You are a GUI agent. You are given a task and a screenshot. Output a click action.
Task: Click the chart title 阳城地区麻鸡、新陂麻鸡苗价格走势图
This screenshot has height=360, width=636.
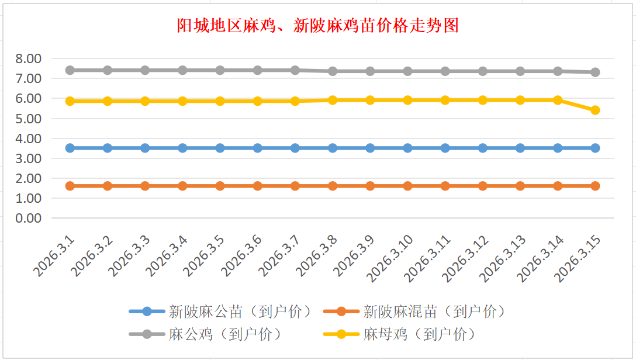click(318, 26)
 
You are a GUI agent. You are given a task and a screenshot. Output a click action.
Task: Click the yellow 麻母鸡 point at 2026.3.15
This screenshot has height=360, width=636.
click(595, 110)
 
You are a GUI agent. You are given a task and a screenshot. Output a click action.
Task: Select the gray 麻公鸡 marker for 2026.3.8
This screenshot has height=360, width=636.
click(333, 71)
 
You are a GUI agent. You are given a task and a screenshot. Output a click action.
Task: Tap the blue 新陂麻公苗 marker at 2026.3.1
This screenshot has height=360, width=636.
click(70, 148)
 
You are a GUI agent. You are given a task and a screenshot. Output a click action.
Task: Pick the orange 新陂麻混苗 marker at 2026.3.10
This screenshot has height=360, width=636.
click(407, 186)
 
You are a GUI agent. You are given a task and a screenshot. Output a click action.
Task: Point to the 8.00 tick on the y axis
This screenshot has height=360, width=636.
click(29, 58)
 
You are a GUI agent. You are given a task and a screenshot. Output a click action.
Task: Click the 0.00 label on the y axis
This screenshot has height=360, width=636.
click(29, 218)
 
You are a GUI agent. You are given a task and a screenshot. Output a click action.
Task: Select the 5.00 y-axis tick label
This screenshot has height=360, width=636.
click(29, 119)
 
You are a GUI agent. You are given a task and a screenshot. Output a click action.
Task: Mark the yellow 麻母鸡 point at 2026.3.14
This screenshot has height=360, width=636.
click(558, 100)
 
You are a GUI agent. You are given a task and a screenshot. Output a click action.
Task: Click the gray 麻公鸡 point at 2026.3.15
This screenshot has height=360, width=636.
click(595, 72)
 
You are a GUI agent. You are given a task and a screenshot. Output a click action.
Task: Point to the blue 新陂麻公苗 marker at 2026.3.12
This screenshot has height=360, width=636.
click(483, 148)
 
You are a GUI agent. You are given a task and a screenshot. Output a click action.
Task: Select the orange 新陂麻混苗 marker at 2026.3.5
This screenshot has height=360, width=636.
click(220, 186)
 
